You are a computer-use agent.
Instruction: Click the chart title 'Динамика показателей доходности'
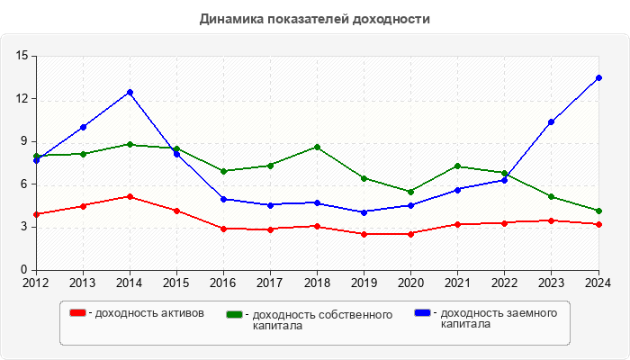[x=314, y=19]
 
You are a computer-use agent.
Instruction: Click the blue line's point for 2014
[x=130, y=92]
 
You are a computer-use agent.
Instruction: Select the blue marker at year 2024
[x=598, y=78]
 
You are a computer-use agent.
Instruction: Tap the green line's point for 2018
[x=318, y=147]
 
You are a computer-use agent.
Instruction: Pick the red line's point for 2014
[x=130, y=196]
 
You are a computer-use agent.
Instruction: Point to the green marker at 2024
[x=598, y=211]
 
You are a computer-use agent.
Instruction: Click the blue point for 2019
[x=364, y=212]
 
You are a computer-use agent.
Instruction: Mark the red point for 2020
[x=411, y=234]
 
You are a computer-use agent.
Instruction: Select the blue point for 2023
[x=552, y=121]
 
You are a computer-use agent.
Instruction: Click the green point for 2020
[x=411, y=192]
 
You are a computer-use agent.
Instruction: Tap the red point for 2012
[x=36, y=214]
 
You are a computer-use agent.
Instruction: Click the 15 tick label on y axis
[x=22, y=57]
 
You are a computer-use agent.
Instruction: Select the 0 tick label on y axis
[x=25, y=270]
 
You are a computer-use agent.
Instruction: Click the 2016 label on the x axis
[x=223, y=283]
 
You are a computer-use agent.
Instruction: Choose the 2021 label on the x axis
[x=458, y=283]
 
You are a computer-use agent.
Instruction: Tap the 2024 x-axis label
[x=598, y=283]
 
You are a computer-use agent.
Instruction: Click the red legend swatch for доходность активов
[x=78, y=313]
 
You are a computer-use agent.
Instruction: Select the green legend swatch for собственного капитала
[x=236, y=315]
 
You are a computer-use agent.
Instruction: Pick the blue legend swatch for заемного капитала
[x=422, y=313]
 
